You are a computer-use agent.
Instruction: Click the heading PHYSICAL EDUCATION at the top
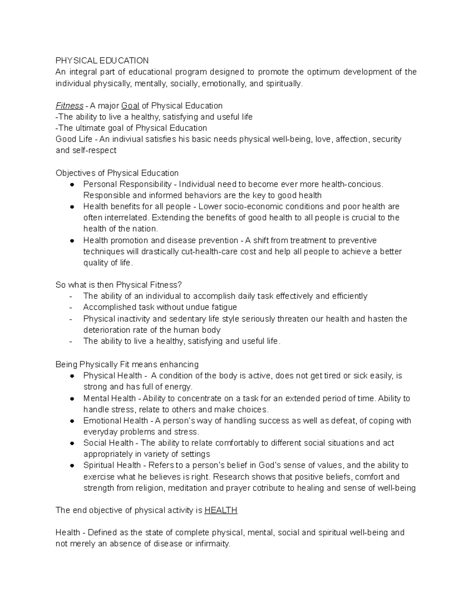coord(102,60)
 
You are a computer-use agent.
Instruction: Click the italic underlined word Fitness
coord(69,106)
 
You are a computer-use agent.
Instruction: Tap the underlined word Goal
coord(130,106)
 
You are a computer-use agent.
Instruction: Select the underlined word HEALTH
coord(221,510)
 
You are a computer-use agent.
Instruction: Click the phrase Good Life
coord(74,139)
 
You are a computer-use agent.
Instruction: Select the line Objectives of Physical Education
coord(117,173)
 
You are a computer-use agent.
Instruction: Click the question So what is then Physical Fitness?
coord(119,285)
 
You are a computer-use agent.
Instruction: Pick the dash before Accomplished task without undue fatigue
coord(71,307)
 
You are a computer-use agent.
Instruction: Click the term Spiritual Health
coord(112,465)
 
